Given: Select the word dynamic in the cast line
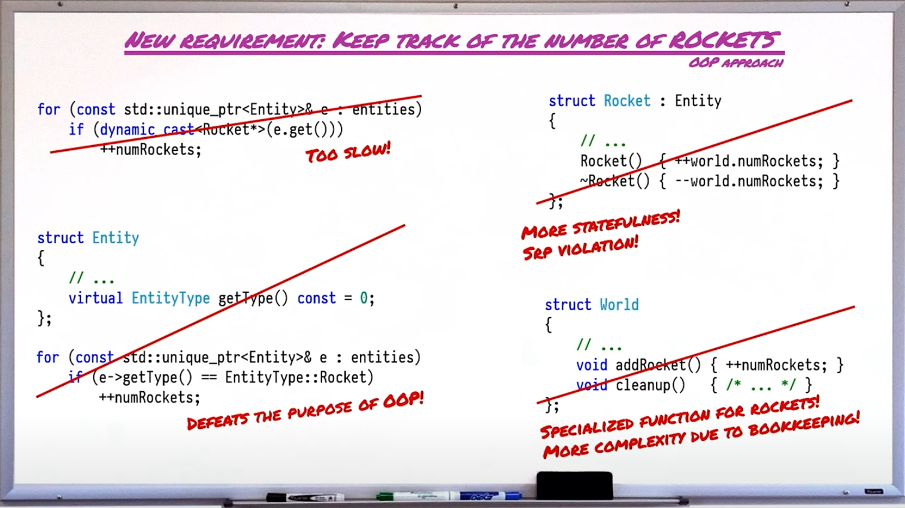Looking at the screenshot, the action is (127, 130).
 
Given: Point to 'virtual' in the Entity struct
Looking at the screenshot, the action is (95, 298).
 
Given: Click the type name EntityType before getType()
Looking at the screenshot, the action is (171, 299).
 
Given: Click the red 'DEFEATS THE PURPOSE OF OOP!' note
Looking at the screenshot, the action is (305, 410).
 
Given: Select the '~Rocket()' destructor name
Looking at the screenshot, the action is (615, 181).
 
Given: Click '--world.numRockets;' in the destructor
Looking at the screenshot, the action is (749, 181).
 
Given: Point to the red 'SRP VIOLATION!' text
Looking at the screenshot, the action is (580, 248).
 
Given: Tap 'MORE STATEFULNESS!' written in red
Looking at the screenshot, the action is (601, 225).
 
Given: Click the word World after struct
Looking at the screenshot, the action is (619, 305).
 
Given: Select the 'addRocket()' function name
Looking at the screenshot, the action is (658, 365).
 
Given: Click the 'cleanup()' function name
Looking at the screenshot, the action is (650, 385).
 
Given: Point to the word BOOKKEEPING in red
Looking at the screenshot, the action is (804, 424).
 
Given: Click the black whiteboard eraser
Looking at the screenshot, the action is (574, 485).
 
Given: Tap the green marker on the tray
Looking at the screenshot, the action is (413, 496).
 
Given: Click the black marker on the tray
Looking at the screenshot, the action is (305, 497).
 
